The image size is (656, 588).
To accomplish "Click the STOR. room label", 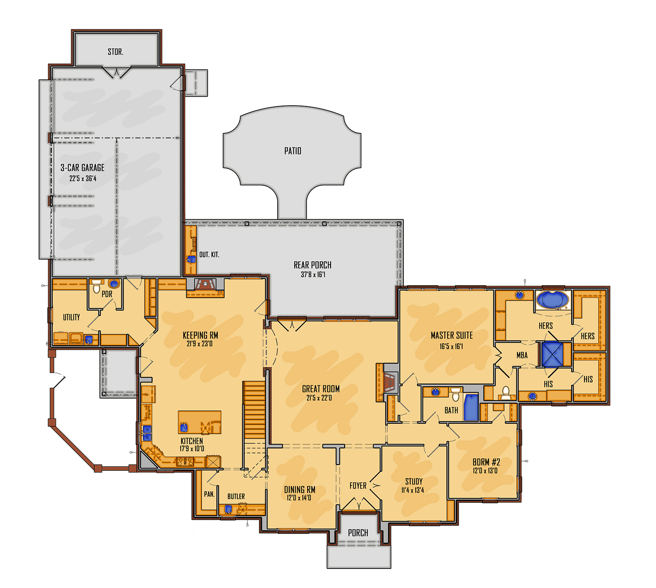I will point(115,52).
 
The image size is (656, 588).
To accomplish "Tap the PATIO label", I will point(293,151).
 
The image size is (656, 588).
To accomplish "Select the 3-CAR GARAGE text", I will point(82,168).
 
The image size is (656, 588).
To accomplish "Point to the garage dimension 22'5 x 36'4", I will point(83,178).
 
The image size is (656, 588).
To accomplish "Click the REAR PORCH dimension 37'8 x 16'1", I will point(313,275).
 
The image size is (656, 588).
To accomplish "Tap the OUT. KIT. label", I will point(209,255).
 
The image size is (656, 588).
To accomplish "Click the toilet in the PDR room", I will point(97,285).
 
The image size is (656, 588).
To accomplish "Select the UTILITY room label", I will point(71,317).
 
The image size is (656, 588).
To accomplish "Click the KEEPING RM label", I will point(200,336).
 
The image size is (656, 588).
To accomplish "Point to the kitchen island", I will point(199,422).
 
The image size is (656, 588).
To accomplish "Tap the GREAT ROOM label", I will point(321,389).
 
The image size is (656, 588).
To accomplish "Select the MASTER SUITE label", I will point(452,336).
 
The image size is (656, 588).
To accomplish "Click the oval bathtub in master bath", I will point(552,300).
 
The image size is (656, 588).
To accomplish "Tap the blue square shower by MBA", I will point(552,354).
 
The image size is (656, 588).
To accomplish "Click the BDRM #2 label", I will point(486,462).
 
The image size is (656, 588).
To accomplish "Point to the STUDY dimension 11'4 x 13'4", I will point(412,490).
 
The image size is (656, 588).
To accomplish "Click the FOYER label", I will point(358,486).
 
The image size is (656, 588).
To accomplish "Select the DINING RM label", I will point(299,490).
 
